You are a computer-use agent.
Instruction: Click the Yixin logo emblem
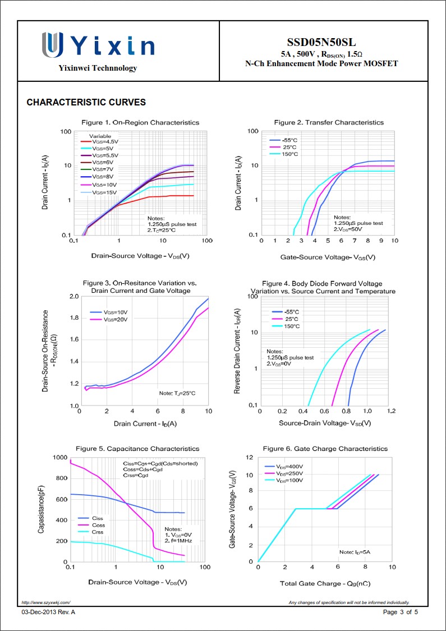[52, 44]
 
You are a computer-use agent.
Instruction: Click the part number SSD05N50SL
[321, 43]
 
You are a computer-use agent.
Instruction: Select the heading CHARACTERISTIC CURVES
[86, 103]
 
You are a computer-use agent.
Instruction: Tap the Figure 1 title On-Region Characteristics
[140, 122]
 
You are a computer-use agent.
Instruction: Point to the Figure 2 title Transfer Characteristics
[329, 122]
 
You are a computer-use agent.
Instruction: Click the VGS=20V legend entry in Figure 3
[116, 319]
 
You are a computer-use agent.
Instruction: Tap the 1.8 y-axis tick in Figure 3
[73, 318]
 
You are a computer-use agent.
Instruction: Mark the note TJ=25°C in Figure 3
[177, 393]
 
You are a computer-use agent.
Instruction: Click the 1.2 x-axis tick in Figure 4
[391, 412]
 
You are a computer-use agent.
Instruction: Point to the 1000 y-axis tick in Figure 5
[59, 458]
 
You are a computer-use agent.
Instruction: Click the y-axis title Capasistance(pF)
[42, 510]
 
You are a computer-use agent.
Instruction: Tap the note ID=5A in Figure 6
[355, 552]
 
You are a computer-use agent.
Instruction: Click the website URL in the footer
[46, 602]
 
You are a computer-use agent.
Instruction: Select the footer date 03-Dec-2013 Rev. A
[48, 612]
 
